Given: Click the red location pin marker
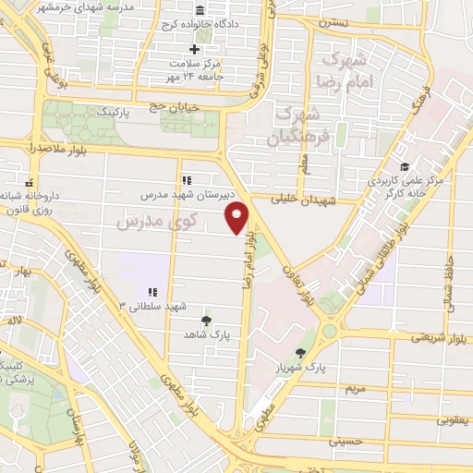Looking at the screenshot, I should [x=238, y=217].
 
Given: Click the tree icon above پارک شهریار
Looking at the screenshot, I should [x=301, y=352].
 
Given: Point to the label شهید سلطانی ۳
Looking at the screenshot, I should [x=152, y=305].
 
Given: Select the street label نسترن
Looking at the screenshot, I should [x=331, y=18].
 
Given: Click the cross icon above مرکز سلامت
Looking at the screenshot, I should [x=194, y=49].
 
